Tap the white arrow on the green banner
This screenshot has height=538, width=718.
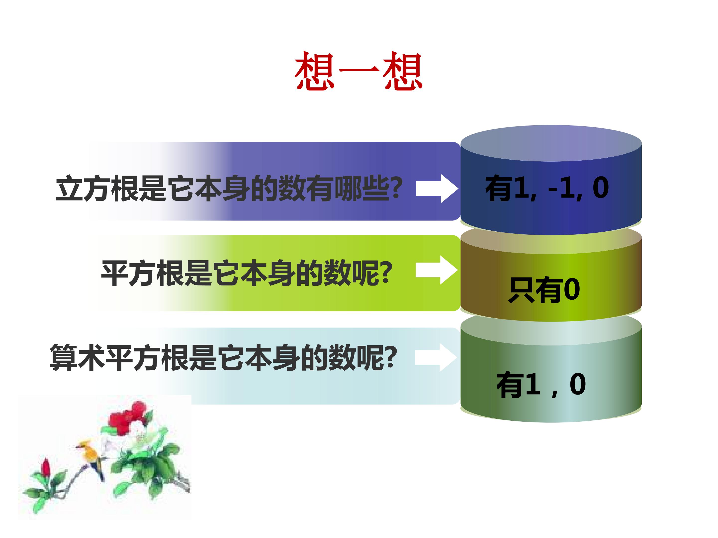[437, 270]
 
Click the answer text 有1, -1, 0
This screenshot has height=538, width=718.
[547, 188]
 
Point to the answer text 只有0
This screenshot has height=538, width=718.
[544, 290]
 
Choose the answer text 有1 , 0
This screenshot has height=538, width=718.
[541, 384]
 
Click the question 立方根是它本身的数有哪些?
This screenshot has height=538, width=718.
[229, 188]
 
